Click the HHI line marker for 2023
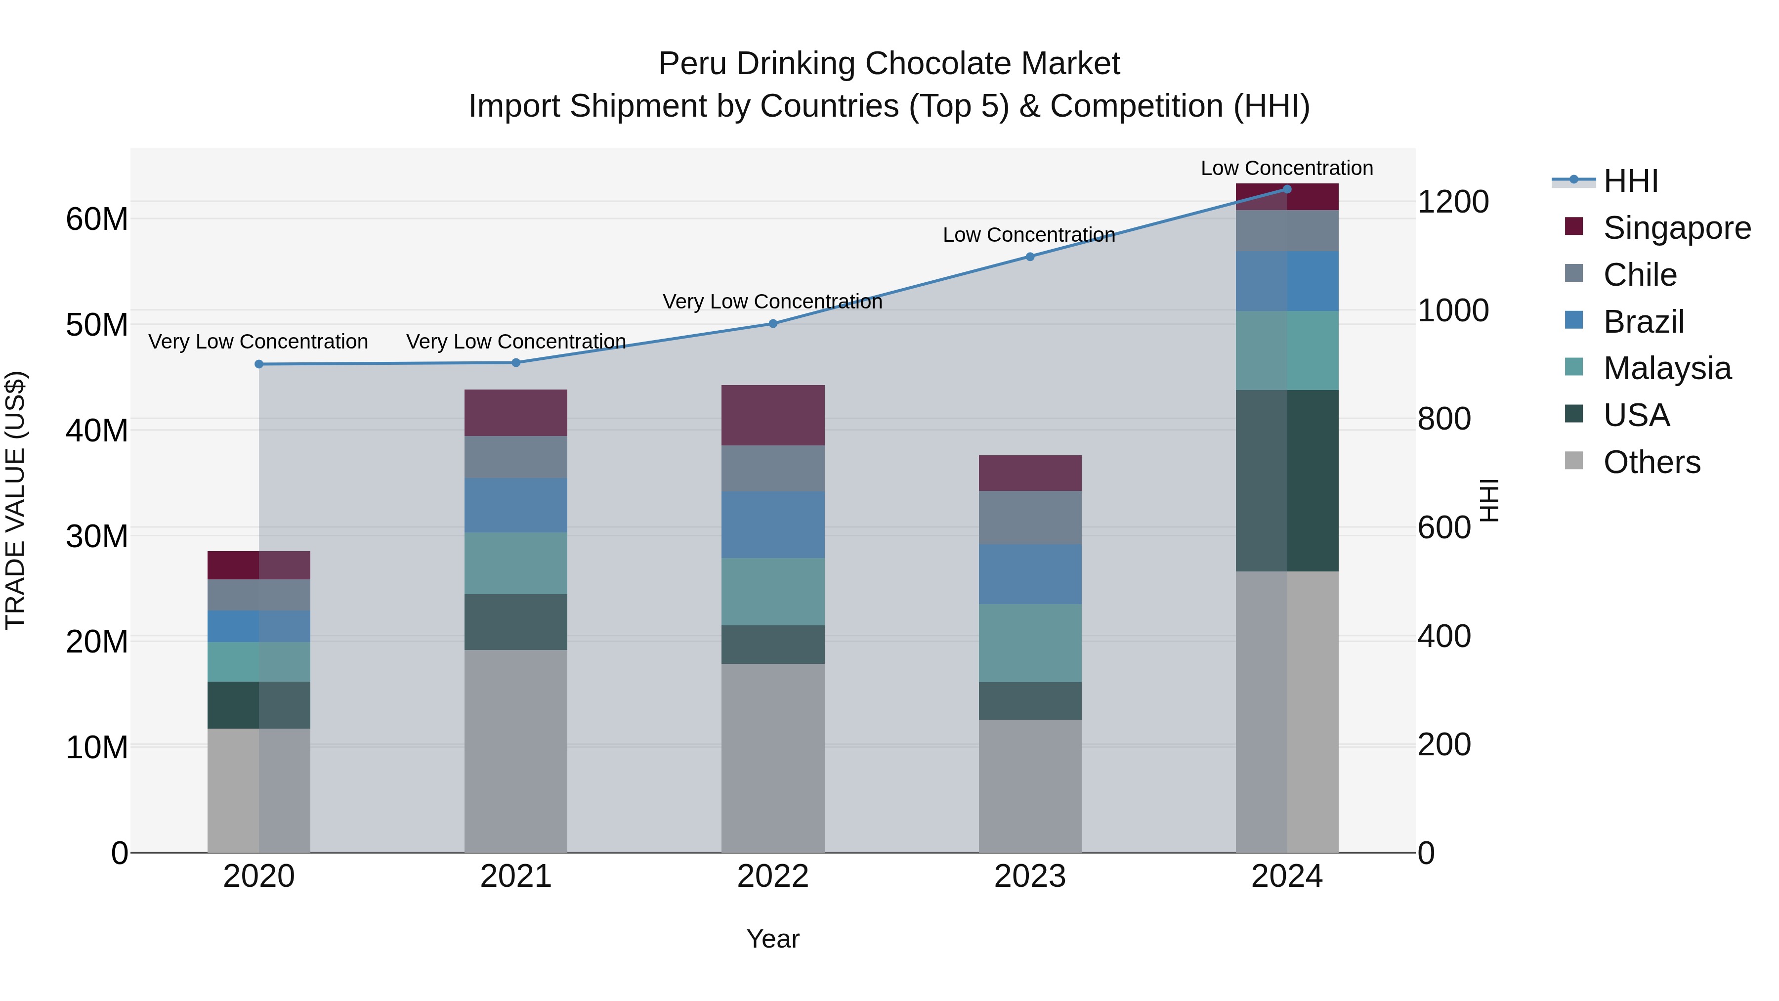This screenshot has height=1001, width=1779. (1030, 256)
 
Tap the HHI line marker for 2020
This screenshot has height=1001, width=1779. (259, 364)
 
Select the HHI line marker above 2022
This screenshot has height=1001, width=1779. (773, 323)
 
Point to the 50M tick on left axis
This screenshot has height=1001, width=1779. (97, 325)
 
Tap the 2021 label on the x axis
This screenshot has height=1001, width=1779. (516, 876)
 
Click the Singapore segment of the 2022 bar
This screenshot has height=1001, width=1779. (773, 415)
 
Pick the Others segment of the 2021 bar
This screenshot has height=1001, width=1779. (516, 751)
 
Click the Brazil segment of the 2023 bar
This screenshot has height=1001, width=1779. (1030, 574)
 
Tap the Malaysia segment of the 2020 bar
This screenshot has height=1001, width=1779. (259, 662)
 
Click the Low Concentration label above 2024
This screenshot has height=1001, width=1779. (1287, 168)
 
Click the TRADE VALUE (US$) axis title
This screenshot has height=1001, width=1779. (15, 500)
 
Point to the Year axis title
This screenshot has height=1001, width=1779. (773, 939)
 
